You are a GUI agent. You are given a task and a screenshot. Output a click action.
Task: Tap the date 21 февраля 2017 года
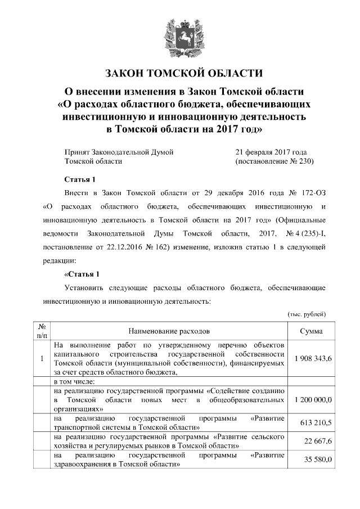(x=271, y=152)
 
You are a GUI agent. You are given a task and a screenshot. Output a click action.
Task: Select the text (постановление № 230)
(x=273, y=161)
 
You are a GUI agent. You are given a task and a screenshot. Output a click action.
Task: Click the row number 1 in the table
(x=42, y=358)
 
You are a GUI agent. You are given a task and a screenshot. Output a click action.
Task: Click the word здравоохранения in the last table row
(x=82, y=465)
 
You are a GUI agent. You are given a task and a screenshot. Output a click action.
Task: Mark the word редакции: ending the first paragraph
(x=56, y=260)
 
